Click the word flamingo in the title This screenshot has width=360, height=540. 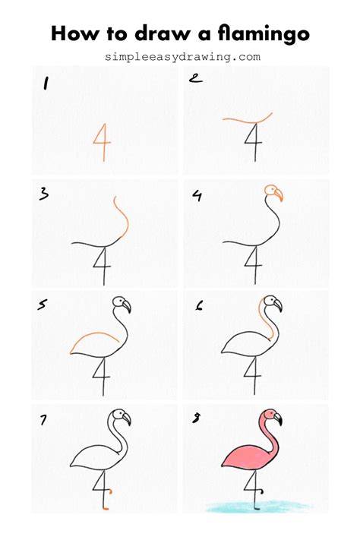[264, 34]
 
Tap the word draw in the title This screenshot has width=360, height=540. [163, 33]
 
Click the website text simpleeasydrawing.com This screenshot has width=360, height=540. [182, 56]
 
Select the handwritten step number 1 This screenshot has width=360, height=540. [46, 84]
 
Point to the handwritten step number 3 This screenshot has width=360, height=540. [44, 194]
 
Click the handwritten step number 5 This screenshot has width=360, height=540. [43, 305]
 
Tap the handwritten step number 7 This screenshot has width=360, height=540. [43, 419]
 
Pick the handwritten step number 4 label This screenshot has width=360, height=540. [197, 196]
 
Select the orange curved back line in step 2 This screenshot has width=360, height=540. [246, 121]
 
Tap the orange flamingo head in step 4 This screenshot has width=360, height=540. [274, 192]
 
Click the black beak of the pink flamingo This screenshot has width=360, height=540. [278, 418]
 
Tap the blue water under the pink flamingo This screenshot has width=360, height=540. [258, 507]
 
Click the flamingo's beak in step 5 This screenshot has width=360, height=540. [127, 305]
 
